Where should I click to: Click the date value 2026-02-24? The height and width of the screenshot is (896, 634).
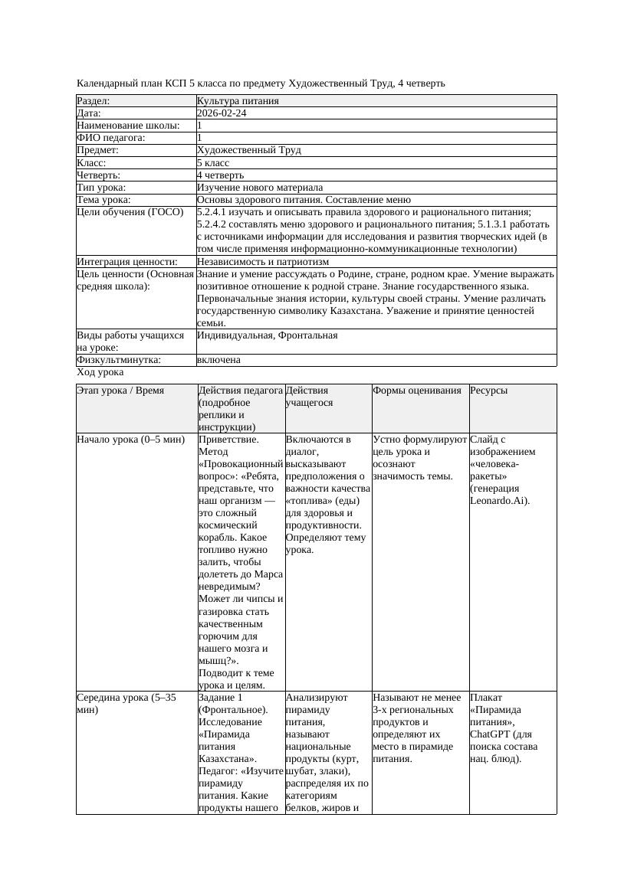pos(222,113)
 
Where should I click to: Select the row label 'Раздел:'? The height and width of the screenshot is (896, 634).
pos(94,101)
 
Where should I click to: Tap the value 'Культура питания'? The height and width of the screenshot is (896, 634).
pos(238,101)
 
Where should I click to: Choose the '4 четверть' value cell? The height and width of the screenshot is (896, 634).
pos(220,175)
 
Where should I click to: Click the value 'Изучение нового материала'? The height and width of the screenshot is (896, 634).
pos(260,188)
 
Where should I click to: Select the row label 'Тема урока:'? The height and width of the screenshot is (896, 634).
pos(104,200)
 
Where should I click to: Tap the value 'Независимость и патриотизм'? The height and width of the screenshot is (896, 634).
pos(263,262)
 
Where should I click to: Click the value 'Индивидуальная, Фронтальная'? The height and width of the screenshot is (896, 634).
pos(267,335)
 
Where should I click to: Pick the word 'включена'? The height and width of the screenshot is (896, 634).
pos(218,360)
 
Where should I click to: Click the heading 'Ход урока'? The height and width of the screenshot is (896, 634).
pos(100,372)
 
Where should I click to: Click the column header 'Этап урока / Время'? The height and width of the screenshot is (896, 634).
pos(120,391)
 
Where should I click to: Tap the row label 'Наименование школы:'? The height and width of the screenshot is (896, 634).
pos(129,126)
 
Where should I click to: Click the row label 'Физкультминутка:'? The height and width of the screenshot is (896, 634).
pos(119,360)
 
